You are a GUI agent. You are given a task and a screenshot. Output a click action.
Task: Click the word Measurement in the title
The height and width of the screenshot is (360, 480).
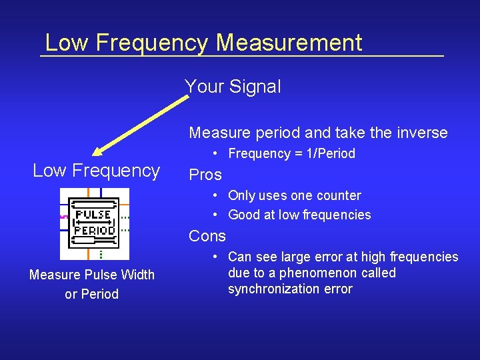pos(289,43)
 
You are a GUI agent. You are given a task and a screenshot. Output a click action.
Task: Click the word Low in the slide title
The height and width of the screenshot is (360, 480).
pos(67,43)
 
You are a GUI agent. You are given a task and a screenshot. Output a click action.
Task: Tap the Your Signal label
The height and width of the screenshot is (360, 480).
pos(233,87)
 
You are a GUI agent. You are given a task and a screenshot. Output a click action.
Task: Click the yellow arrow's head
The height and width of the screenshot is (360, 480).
pos(100,150)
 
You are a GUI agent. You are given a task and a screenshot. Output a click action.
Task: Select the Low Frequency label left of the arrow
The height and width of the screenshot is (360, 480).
pos(96,171)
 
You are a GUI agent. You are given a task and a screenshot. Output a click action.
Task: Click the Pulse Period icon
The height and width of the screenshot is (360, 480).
pos(94,223)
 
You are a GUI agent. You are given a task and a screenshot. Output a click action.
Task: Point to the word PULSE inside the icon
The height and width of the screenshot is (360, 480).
pos(93,215)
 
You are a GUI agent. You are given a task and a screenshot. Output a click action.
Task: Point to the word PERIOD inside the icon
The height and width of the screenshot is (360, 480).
pos(94,229)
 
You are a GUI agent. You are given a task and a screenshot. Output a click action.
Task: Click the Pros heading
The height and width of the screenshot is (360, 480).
pos(205,175)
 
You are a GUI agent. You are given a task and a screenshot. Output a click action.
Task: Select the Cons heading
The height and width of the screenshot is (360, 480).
pos(207,236)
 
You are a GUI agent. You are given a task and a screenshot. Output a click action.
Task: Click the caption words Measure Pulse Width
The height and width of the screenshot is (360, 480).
pos(91,275)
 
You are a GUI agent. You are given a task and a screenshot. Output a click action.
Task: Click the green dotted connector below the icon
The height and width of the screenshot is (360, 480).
pos(101,254)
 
